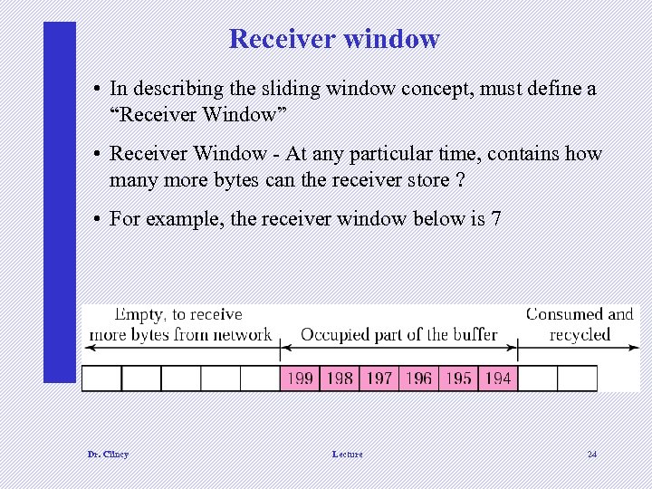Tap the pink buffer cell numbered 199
[299, 378]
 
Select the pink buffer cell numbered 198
[339, 378]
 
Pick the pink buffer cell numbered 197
[379, 378]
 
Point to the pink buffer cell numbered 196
[418, 378]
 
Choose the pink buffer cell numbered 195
[458, 378]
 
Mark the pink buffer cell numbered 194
[498, 378]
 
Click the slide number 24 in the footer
[591, 454]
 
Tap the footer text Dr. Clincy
[108, 454]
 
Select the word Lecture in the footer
[347, 454]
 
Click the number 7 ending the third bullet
[495, 219]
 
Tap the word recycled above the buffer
[580, 334]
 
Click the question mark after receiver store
[461, 179]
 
